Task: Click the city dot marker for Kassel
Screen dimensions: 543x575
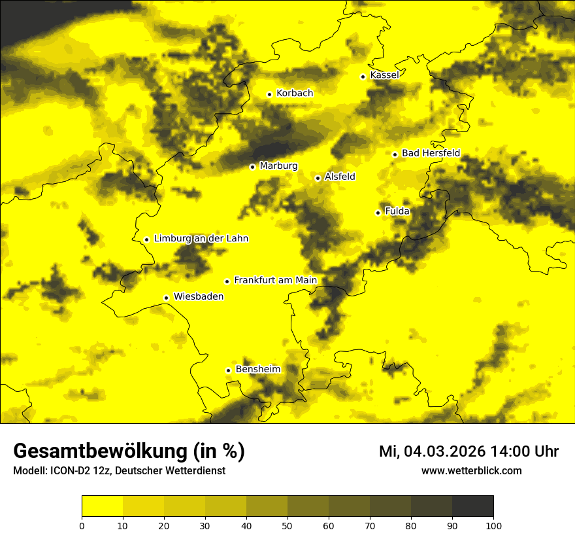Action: point(363,77)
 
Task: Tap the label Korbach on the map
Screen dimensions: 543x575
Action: point(295,94)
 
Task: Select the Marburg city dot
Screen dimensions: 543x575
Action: point(252,167)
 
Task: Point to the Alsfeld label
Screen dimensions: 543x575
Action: point(340,177)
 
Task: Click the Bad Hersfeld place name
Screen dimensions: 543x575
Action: point(431,153)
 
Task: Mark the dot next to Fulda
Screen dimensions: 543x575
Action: point(378,213)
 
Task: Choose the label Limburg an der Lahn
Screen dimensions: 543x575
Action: point(201,239)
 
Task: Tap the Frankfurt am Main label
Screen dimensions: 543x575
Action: point(275,281)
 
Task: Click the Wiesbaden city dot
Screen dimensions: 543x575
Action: point(166,298)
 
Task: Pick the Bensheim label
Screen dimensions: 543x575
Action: point(258,370)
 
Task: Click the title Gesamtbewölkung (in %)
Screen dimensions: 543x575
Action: point(129,451)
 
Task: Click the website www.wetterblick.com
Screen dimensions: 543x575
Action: point(471,470)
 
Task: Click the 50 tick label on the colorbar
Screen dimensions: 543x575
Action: point(287,525)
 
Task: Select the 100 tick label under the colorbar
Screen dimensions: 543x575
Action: point(493,525)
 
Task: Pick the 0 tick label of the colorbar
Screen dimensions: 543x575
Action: point(82,525)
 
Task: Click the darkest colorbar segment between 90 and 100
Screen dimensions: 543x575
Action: point(472,506)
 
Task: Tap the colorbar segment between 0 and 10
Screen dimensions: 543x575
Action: point(102,506)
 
